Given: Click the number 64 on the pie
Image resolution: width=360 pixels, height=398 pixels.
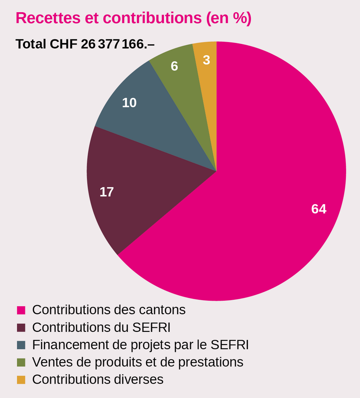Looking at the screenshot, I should pos(319,209).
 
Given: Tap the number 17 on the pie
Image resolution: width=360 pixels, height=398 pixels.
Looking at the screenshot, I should pos(106,192).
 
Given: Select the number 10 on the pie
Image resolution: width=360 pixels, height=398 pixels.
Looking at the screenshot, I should pos(129,103).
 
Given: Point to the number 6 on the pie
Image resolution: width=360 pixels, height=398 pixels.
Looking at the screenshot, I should pos(174,67).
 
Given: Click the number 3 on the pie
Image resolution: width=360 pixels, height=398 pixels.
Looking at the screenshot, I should pos(206,60).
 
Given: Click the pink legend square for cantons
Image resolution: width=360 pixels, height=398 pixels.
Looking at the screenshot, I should pos(21,310).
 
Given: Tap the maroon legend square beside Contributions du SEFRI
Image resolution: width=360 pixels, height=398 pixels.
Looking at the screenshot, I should pos(21,327).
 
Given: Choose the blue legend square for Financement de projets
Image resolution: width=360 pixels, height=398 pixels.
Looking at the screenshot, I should pos(21,345).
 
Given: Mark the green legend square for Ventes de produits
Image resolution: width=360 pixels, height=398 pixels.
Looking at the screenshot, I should pos(21,362).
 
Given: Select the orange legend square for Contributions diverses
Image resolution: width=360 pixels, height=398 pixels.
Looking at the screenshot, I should pos(21,379).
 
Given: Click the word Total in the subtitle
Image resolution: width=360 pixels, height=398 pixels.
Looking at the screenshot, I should pos(31,44).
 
